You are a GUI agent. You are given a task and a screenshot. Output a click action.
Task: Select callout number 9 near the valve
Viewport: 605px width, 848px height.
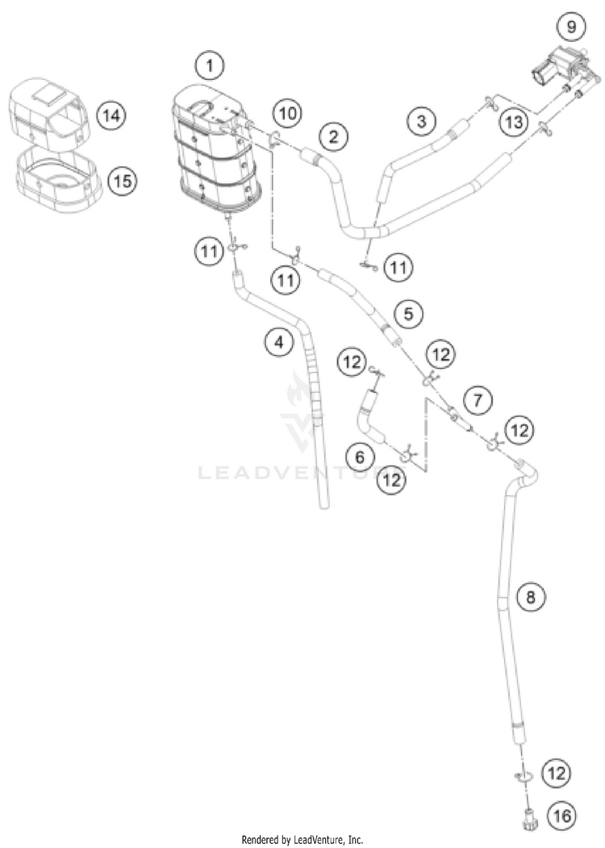pos(571,27)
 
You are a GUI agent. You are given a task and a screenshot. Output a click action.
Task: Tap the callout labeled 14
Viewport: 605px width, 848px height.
pos(112,116)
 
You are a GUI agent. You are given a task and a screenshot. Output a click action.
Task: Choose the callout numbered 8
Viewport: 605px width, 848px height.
pos(530,597)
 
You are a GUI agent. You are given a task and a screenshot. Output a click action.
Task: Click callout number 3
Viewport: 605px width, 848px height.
pos(420,122)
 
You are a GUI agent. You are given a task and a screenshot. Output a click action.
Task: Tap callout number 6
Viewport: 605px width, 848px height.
pos(361,457)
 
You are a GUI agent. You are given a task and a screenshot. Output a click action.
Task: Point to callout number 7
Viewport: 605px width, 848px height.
pos(478,399)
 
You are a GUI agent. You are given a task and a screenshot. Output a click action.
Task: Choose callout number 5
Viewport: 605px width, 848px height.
pos(408,313)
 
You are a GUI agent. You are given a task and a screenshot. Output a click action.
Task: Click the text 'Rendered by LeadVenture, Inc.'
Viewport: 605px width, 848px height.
pos(302,839)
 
